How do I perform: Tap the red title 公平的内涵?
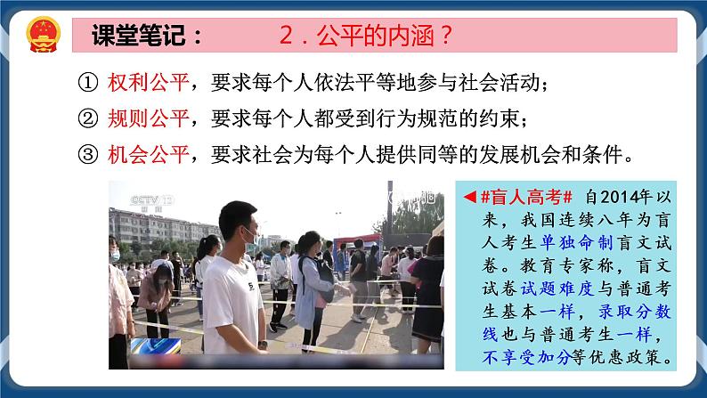(x=374, y=37)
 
